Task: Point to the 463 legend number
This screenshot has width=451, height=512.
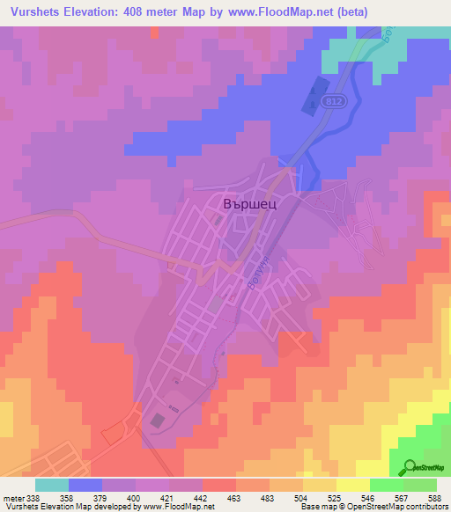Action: pyautogui.click(x=235, y=497)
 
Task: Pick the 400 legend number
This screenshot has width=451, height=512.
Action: pyautogui.click(x=135, y=497)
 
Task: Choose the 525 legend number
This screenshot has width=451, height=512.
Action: pyautogui.click(x=336, y=497)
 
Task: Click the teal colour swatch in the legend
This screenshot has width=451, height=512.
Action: pyautogui.click(x=52, y=485)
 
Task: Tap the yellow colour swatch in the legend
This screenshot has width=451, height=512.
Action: pyautogui.click(x=352, y=485)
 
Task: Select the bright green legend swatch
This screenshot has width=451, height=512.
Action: pyautogui.click(x=386, y=485)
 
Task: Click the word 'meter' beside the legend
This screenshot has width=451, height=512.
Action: pyautogui.click(x=12, y=497)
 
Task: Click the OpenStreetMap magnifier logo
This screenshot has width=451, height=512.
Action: pyautogui.click(x=409, y=466)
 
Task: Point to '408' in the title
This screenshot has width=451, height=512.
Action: pyautogui.click(x=135, y=11)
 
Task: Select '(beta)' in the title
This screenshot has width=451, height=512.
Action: pyautogui.click(x=346, y=11)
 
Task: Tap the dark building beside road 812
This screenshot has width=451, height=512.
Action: pyautogui.click(x=312, y=98)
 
